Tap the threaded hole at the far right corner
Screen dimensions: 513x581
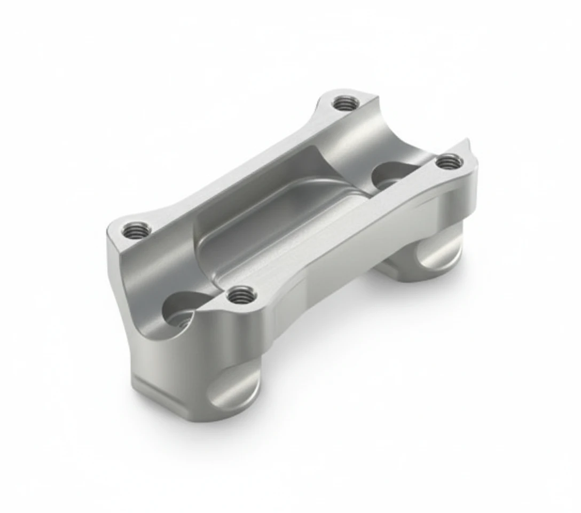[x=448, y=161]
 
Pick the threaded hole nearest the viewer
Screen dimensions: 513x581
[x=241, y=294]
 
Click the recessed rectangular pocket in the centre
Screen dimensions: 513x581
[x=278, y=224]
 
